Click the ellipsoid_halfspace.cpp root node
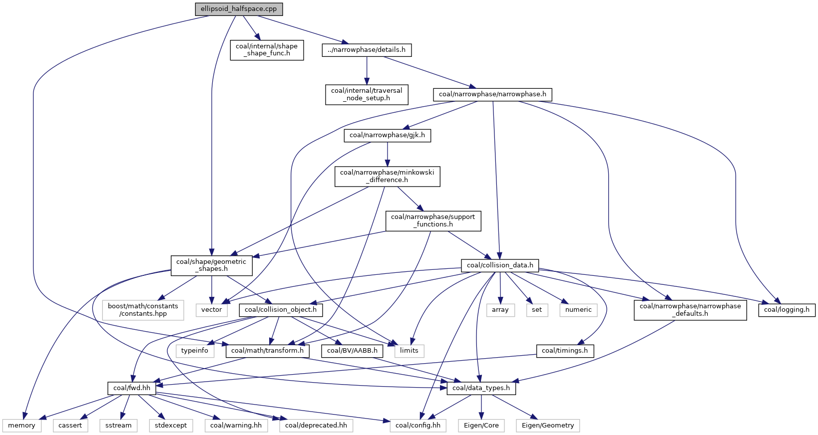(x=239, y=9)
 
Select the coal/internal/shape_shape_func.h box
(x=267, y=50)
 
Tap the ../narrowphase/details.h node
(x=367, y=50)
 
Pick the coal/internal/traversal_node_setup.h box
(x=367, y=94)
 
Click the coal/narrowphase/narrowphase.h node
(x=492, y=94)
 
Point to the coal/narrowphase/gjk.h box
(x=387, y=135)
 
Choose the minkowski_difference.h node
(x=387, y=176)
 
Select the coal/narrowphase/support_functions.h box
(x=433, y=221)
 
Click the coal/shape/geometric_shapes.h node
(x=211, y=265)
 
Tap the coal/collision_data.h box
(x=500, y=265)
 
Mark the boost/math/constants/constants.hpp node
(x=143, y=310)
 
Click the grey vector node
(x=211, y=310)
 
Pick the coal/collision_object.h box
(x=281, y=310)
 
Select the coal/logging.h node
(x=787, y=310)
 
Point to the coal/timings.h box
(x=565, y=351)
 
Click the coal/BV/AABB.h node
(x=352, y=351)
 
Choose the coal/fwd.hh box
(x=132, y=388)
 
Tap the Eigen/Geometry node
(x=548, y=426)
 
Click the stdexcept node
(x=171, y=426)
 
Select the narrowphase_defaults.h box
(x=690, y=310)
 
